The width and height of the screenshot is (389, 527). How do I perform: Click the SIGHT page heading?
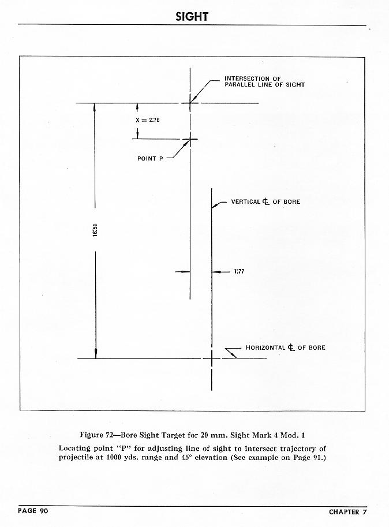click(192, 17)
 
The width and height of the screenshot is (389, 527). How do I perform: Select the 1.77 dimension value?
click(239, 271)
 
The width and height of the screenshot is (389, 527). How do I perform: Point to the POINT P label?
click(150, 158)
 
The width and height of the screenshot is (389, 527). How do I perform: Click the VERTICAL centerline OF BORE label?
click(265, 202)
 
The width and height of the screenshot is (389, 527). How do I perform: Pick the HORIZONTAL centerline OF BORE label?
click(285, 347)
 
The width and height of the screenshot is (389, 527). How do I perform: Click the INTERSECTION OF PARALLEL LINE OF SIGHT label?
click(264, 81)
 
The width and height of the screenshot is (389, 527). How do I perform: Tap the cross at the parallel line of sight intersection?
click(190, 103)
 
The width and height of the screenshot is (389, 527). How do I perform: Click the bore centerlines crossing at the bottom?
click(212, 358)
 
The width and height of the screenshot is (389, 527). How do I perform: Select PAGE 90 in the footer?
click(35, 511)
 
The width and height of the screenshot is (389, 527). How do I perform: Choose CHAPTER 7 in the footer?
click(347, 511)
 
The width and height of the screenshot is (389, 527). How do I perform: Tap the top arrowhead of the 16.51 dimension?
click(96, 107)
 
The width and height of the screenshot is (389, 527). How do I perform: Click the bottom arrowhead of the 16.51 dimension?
click(96, 354)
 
